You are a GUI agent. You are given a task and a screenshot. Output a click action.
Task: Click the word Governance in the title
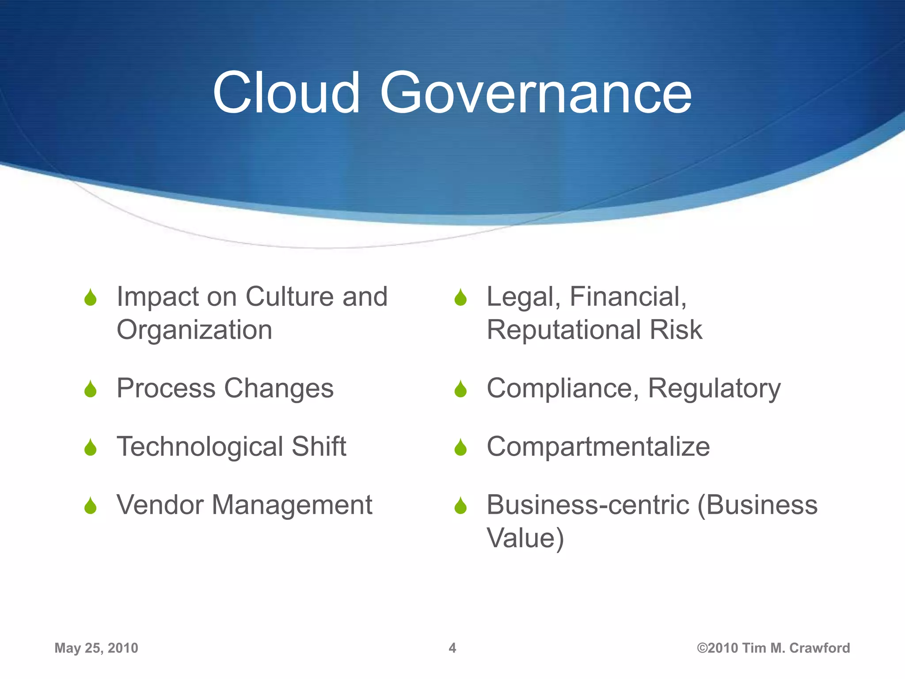tap(536, 94)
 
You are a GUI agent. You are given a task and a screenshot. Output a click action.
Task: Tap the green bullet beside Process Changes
tap(91, 389)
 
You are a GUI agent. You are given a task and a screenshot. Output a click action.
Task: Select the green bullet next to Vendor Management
tap(91, 506)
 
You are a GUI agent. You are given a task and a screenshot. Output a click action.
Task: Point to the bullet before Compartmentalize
tap(460, 447)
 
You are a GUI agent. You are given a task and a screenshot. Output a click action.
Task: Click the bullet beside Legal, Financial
tap(460, 298)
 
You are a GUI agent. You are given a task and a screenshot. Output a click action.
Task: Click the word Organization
tap(194, 330)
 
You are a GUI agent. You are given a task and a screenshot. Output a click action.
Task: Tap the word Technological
tap(200, 446)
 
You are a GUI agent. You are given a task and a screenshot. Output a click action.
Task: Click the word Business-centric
tap(588, 505)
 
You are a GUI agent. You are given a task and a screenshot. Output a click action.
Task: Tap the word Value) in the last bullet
tap(525, 538)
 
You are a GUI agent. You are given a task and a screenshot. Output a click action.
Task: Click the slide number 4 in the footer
tap(452, 648)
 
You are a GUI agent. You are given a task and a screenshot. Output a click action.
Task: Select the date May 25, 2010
tap(96, 648)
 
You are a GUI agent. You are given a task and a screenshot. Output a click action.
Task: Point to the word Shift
tap(319, 446)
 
